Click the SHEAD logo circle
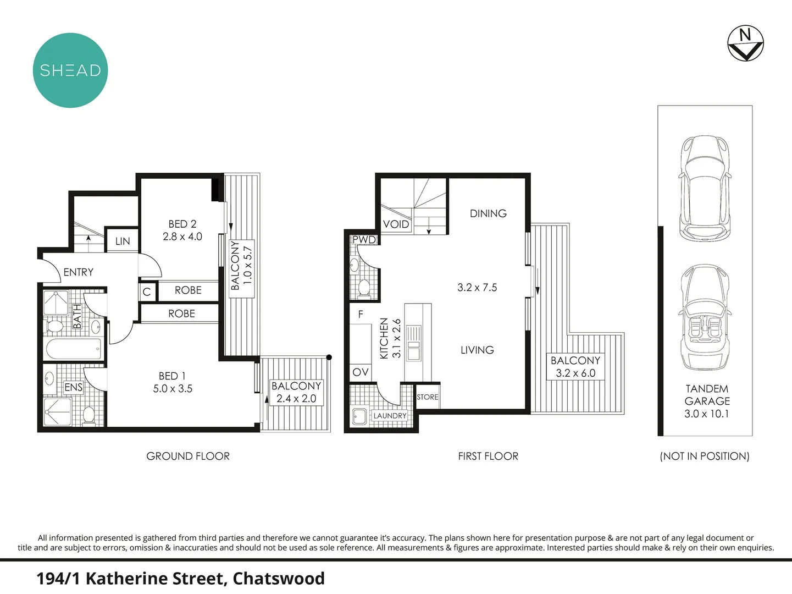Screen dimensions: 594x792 click(x=70, y=70)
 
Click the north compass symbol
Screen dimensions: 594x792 click(x=745, y=43)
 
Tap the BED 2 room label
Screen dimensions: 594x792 click(x=182, y=224)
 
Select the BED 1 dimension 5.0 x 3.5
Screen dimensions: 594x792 click(x=173, y=388)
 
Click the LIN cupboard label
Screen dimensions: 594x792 click(x=123, y=241)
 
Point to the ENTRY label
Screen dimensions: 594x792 click(x=79, y=272)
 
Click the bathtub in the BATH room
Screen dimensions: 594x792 click(x=74, y=349)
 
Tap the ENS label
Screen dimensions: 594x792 click(x=74, y=387)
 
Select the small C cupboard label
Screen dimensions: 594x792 click(x=147, y=291)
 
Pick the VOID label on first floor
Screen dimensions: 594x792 click(x=396, y=224)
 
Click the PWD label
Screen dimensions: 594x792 click(x=364, y=240)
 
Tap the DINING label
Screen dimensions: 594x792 click(x=488, y=213)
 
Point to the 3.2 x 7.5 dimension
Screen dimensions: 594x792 click(x=477, y=287)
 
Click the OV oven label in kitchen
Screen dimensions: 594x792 click(x=361, y=372)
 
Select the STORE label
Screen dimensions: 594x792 click(x=428, y=397)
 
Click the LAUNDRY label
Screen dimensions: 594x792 click(x=390, y=416)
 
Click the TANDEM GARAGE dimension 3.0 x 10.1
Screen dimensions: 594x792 click(x=706, y=414)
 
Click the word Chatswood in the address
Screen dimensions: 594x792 click(x=279, y=579)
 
